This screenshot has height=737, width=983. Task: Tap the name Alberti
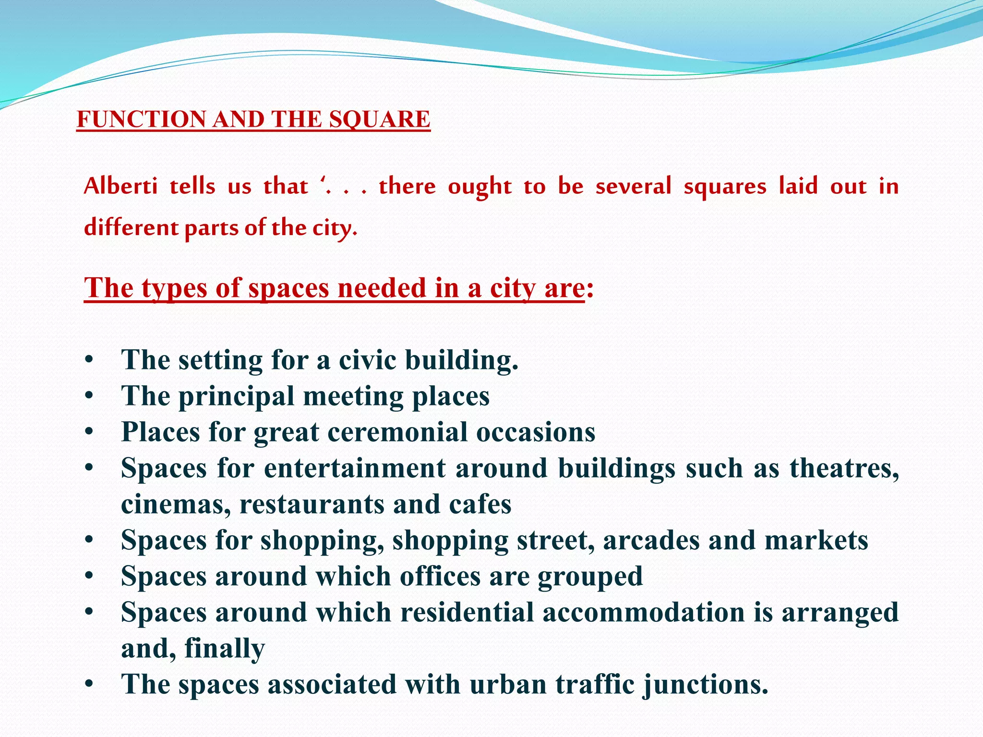tap(120, 186)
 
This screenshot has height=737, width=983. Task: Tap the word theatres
tap(844, 468)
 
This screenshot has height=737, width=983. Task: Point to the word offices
tap(440, 576)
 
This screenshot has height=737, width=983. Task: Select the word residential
tap(467, 613)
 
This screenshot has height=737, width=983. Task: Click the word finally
tap(225, 649)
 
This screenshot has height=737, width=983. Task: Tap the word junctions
tap(706, 685)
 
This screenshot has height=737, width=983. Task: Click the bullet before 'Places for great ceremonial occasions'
tap(89, 432)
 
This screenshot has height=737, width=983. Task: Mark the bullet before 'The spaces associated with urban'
tap(89, 685)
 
